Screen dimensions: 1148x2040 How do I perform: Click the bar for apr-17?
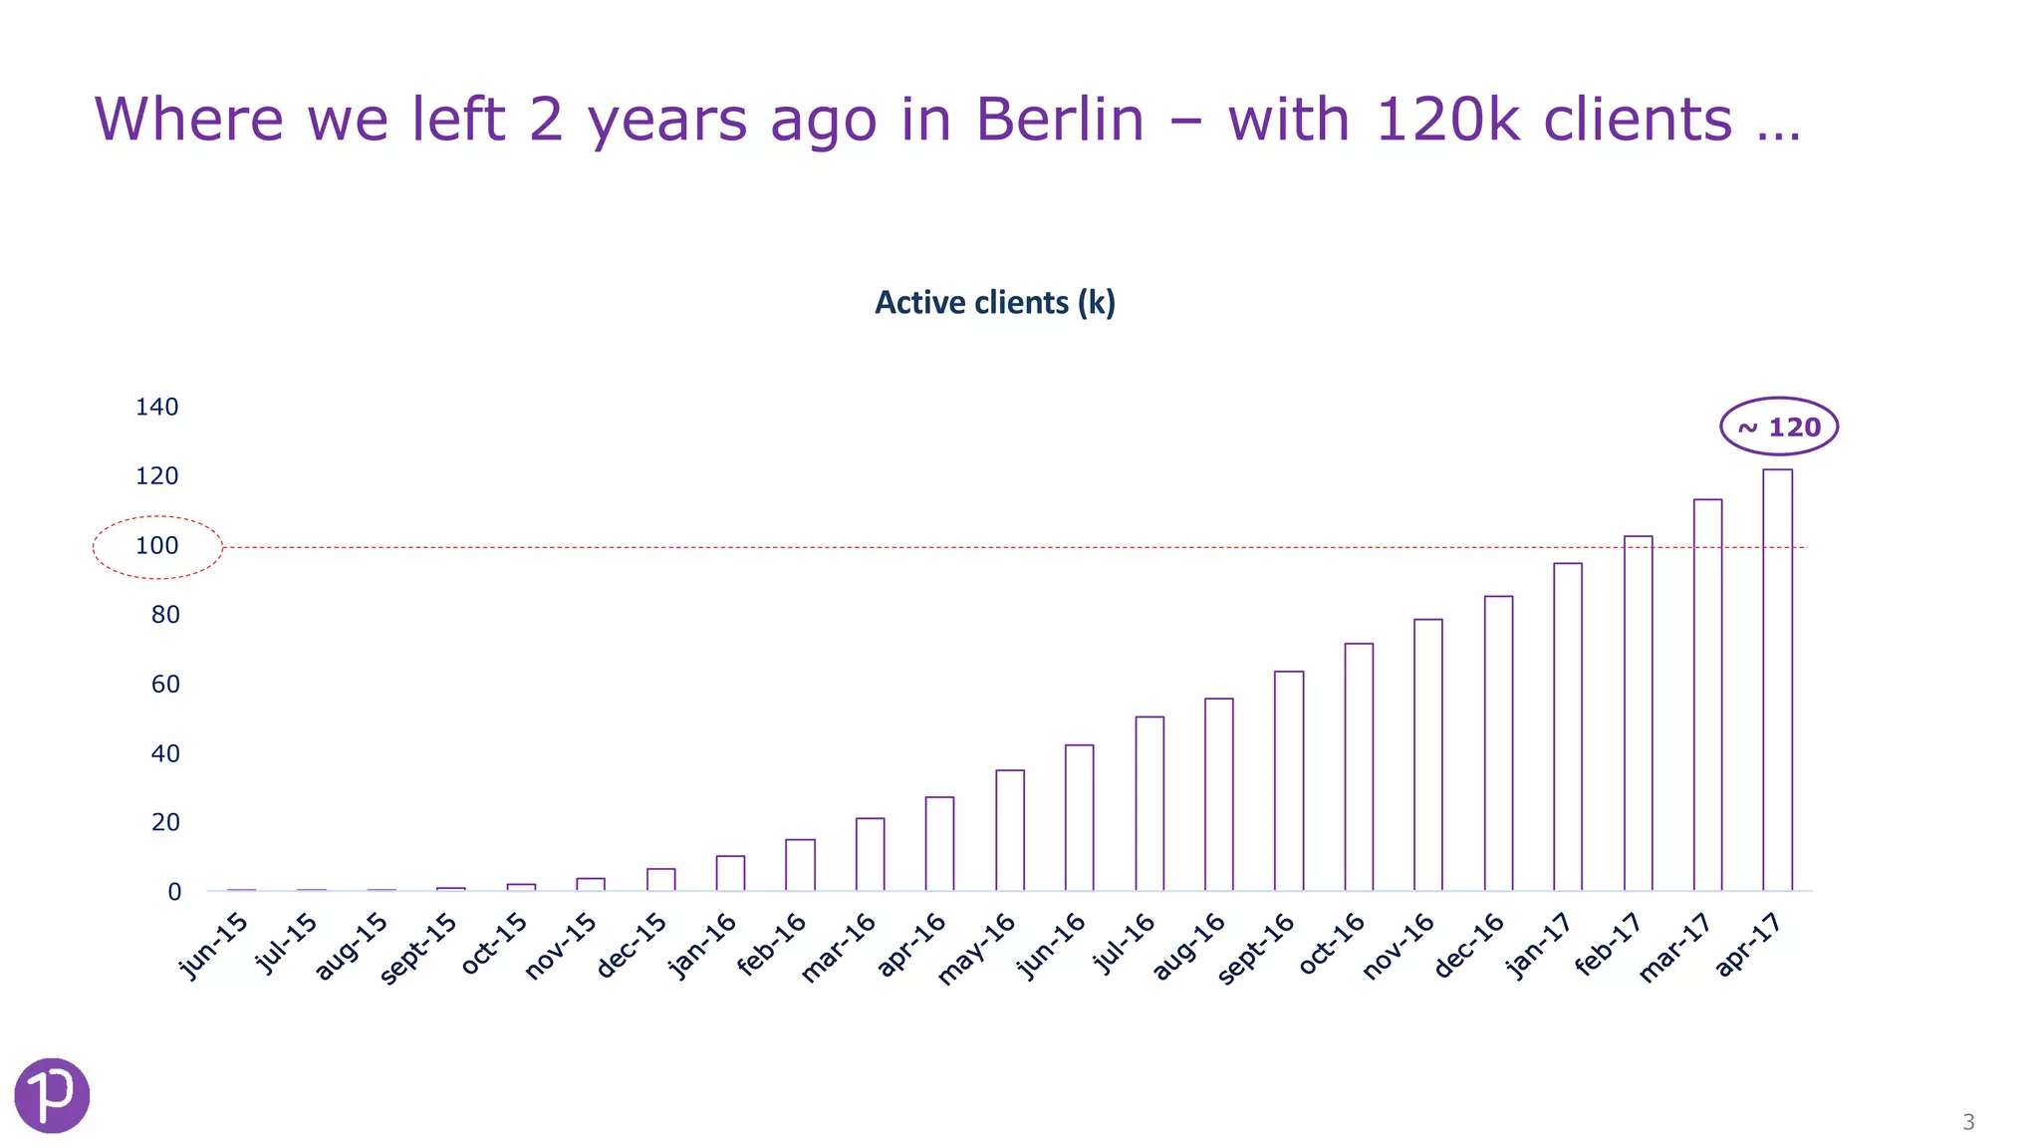[1777, 680]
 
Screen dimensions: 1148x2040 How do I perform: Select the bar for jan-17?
[1568, 726]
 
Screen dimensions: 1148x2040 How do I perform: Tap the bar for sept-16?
[1289, 780]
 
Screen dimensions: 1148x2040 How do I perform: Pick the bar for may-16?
[1009, 830]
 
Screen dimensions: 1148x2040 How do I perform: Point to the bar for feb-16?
[800, 865]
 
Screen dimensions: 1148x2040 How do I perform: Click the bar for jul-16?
[1149, 803]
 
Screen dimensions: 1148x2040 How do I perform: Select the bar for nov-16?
[1428, 754]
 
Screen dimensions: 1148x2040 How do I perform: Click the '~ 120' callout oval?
[1779, 427]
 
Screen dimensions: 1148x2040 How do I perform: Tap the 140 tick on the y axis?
[157, 407]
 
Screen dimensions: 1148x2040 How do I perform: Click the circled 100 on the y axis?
[157, 546]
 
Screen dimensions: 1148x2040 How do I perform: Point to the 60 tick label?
[165, 685]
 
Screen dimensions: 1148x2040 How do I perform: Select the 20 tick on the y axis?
[165, 823]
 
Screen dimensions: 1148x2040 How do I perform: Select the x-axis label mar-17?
[1676, 947]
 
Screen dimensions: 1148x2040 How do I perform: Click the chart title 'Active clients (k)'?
[994, 303]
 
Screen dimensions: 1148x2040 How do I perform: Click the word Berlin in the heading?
[1060, 120]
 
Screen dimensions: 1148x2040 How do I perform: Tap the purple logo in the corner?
[52, 1095]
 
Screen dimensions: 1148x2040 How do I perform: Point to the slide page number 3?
[1968, 1122]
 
